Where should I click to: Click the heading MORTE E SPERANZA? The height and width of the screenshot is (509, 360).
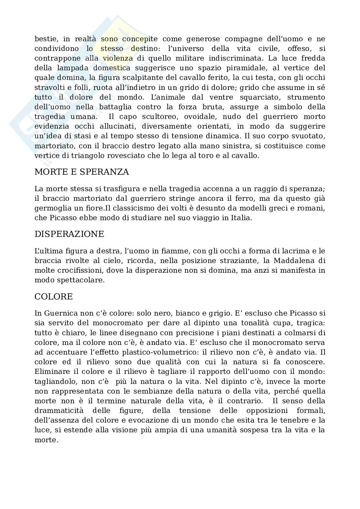click(82, 172)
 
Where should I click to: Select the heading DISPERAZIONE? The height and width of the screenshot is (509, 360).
click(69, 234)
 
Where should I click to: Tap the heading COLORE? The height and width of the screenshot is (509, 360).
click(54, 297)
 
